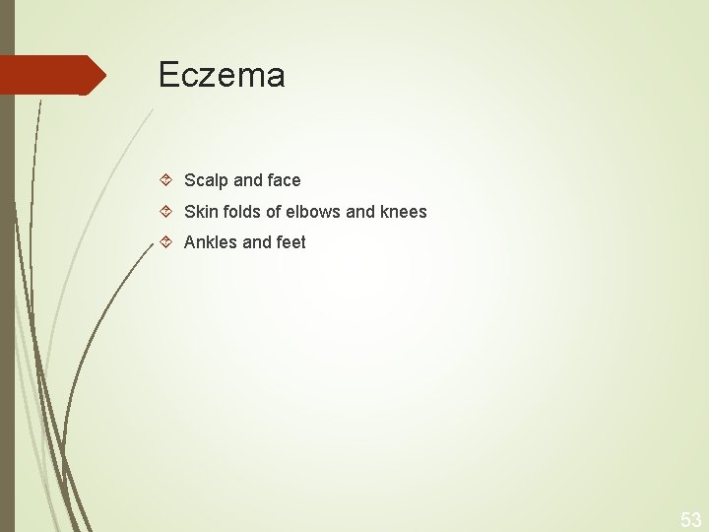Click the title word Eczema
click(222, 76)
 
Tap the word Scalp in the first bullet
click(206, 180)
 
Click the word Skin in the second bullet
click(201, 211)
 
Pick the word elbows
click(313, 211)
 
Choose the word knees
click(404, 211)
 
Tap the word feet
click(290, 242)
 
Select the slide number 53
click(690, 520)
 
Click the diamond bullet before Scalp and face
click(166, 180)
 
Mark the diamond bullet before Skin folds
click(166, 211)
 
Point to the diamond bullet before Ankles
click(166, 242)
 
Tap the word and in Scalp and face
click(247, 180)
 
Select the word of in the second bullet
click(274, 211)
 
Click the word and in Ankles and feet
click(256, 242)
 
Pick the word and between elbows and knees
click(361, 211)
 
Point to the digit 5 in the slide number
click(685, 520)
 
